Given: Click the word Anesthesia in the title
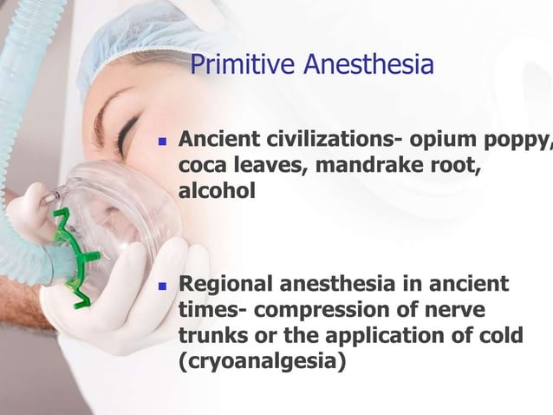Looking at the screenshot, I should [368, 64].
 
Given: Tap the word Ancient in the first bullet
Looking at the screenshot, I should [216, 139].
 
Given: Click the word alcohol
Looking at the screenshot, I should [217, 191].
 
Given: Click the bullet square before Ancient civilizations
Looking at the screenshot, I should [161, 141].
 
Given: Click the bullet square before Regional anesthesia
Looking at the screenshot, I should [161, 285].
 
